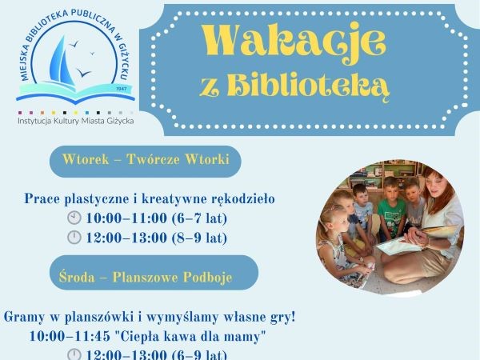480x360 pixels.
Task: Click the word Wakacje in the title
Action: pos(294,43)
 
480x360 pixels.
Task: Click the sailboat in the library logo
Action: pos(62,62)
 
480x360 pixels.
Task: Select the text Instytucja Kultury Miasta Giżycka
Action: pos(76,121)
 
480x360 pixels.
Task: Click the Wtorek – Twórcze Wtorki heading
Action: pos(146,159)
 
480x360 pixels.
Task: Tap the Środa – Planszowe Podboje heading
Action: pos(146,278)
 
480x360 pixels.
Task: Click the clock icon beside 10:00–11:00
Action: pos(74,218)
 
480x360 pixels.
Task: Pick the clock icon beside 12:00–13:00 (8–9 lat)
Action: pos(74,238)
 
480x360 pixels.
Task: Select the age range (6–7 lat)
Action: pos(199,218)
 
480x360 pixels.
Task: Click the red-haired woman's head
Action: pos(435,184)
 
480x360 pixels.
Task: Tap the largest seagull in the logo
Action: pos(83,73)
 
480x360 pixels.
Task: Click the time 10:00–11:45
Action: pos(70,337)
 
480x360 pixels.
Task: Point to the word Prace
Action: pos(42,199)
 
